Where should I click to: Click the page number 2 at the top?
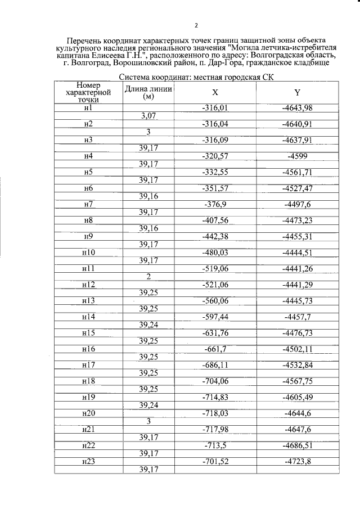(x=196, y=25)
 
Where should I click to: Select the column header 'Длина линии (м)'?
(x=148, y=93)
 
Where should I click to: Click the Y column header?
(x=296, y=93)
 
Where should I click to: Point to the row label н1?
(x=87, y=107)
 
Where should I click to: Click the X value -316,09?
(x=215, y=139)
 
